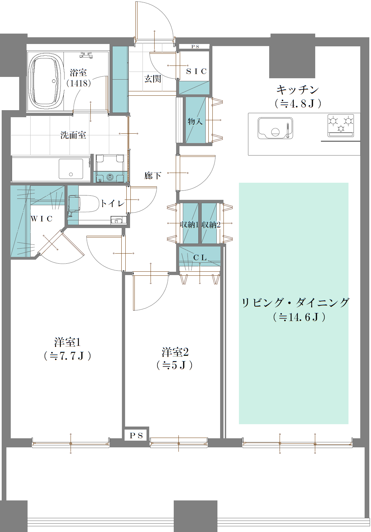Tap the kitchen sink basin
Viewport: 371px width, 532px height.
tap(275, 128)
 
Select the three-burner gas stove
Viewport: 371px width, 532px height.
tap(341, 125)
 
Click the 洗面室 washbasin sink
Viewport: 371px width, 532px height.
tap(71, 169)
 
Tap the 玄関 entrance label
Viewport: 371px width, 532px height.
tap(153, 79)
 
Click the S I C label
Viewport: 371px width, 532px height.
tap(196, 71)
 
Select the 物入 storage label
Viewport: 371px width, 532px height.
tap(195, 121)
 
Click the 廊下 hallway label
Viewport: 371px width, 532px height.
tap(153, 175)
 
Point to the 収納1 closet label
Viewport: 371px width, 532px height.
tap(189, 225)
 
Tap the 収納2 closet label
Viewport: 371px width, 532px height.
tap(211, 225)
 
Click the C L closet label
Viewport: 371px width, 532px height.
tap(200, 258)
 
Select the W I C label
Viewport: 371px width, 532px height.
tap(42, 219)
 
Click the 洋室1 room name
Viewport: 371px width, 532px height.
tap(67, 342)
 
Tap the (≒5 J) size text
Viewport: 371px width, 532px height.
tap(174, 365)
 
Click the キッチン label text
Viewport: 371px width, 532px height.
tap(297, 90)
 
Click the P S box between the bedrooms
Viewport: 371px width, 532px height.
tap(136, 435)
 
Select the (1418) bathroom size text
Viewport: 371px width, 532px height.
tap(79, 83)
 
